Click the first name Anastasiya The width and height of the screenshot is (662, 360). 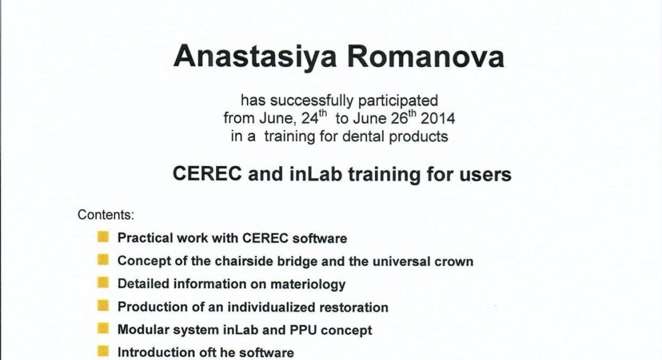[x=255, y=57]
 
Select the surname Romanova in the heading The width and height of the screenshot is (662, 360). [x=426, y=57]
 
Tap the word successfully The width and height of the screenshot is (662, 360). [x=312, y=101]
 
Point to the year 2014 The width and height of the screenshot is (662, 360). [x=438, y=119]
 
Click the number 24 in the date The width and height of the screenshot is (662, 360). [x=310, y=119]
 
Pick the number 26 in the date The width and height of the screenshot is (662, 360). [x=399, y=119]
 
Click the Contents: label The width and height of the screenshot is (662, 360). [x=105, y=215]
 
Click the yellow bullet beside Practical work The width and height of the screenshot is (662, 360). [x=103, y=236]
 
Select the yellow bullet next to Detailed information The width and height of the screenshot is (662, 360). [x=103, y=282]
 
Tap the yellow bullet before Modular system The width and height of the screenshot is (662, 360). [x=103, y=328]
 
